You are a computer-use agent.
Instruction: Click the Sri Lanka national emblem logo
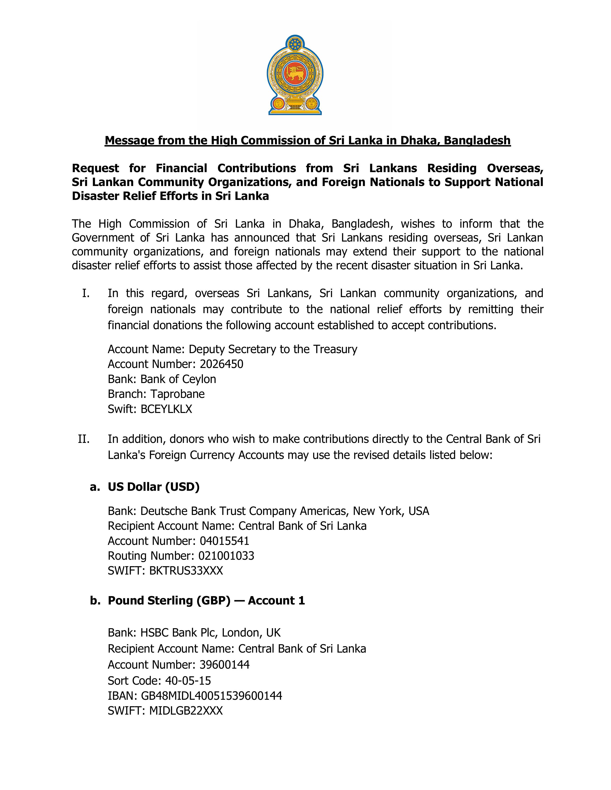coord(295,75)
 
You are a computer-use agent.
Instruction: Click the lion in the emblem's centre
coord(295,74)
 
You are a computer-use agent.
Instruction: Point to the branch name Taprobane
coord(177,394)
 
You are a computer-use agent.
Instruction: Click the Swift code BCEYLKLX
coord(166,409)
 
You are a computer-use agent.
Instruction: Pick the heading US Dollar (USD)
coord(154,487)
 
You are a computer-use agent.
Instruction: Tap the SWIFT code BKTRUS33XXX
coord(186,571)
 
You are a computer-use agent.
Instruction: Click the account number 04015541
coord(225,541)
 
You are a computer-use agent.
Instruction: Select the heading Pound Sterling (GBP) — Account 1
coord(206,600)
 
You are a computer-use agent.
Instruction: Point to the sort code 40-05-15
coord(188,681)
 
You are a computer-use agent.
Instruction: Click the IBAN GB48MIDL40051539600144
coord(211,696)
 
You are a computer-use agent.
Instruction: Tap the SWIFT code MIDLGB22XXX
coord(186,711)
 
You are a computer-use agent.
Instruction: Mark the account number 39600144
coord(225,665)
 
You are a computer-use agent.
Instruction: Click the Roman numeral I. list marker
coord(86,293)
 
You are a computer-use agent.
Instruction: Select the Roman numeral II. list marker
coord(84,439)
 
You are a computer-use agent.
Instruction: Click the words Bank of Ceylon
coord(178,379)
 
